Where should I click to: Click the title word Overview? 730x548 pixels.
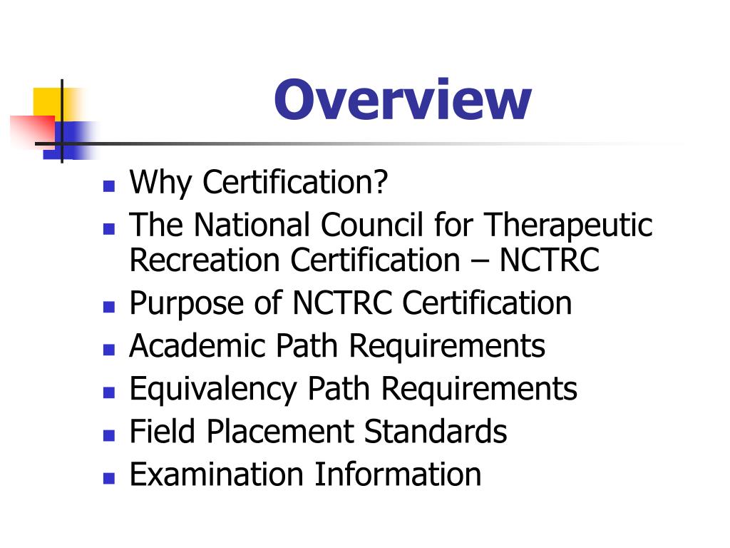coord(402,100)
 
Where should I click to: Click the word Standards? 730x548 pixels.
coord(436,432)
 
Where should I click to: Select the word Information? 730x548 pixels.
coord(398,475)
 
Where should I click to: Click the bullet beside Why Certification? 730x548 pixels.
coord(108,188)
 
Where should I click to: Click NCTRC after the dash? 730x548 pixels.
coord(549,260)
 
